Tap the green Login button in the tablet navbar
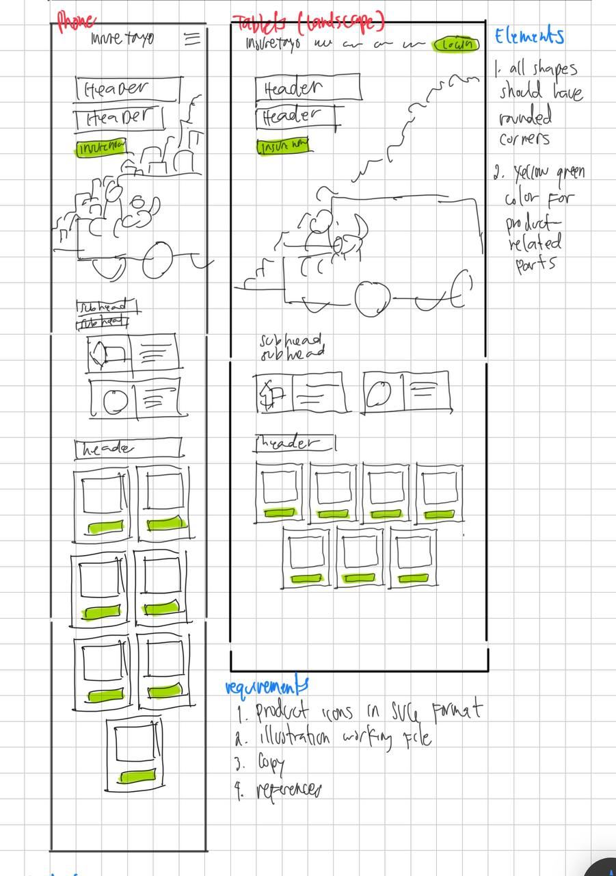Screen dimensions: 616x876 [457, 44]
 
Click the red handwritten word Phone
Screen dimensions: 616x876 [76, 22]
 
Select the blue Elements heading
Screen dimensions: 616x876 [529, 36]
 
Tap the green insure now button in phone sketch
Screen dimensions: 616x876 [101, 146]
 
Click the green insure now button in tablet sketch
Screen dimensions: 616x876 [282, 146]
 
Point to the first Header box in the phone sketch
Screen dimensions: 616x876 [129, 88]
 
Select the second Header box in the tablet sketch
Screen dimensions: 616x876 [295, 116]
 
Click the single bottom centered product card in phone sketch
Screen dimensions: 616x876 [136, 753]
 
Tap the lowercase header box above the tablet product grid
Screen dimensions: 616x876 [295, 443]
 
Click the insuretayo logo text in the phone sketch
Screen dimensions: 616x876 [122, 38]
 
